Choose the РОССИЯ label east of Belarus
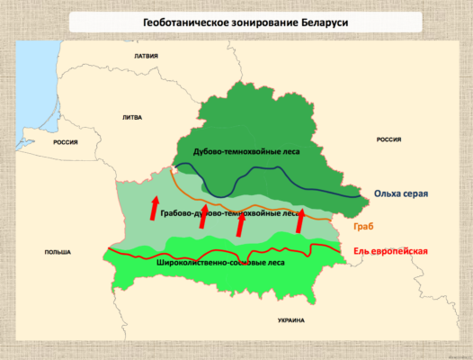pyautogui.click(x=388, y=139)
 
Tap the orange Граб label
pyautogui.click(x=364, y=225)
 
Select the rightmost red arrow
pyautogui.click(x=299, y=219)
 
